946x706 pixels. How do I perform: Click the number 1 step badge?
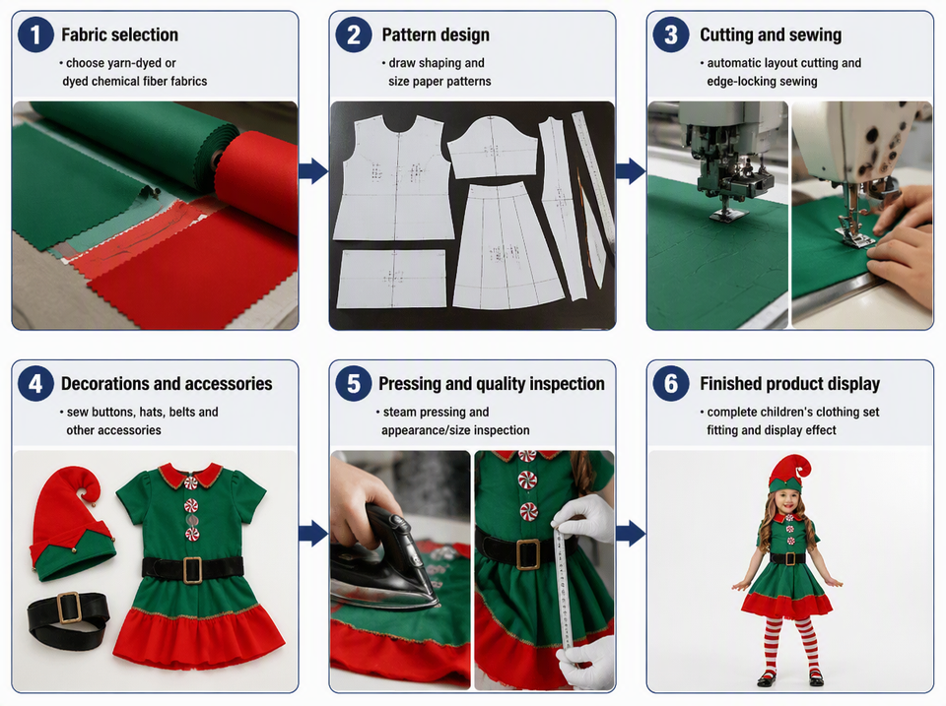35,34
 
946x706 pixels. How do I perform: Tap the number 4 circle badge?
35,383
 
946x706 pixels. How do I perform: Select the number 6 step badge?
671,383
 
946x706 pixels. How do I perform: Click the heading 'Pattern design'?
436,35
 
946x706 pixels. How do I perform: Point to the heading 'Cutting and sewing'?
771,35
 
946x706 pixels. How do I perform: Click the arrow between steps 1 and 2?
313,170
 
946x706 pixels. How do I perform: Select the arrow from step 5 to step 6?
631,534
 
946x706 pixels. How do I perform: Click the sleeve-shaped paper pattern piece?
493,147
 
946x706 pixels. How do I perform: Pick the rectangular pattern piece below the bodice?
392,279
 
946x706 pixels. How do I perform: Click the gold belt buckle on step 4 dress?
192,570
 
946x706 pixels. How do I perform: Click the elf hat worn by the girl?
789,474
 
